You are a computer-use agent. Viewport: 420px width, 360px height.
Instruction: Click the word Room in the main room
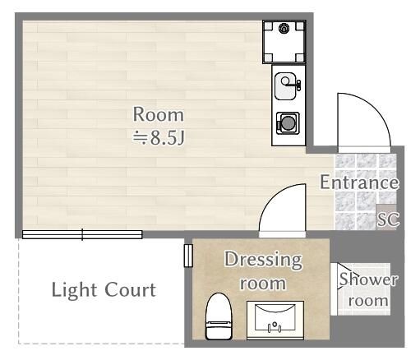click(159, 114)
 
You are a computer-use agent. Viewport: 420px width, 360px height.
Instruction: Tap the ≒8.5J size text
click(159, 137)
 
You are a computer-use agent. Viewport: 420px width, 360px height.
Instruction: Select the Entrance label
click(359, 182)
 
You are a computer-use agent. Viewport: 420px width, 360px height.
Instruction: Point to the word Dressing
click(264, 261)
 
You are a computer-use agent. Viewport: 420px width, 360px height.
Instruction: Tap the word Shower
click(368, 279)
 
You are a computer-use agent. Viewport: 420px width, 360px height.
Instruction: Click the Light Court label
click(103, 289)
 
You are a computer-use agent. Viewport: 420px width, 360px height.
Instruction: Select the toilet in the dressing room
click(219, 316)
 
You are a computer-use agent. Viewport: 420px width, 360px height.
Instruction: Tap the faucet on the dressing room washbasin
click(275, 326)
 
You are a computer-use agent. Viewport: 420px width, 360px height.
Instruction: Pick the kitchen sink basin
click(285, 82)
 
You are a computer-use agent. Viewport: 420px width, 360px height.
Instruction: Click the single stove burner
click(288, 123)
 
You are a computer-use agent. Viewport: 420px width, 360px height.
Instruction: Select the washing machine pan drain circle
click(284, 29)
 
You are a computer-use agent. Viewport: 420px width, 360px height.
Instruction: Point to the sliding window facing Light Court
click(82, 235)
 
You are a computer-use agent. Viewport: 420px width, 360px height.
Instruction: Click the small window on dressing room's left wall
click(187, 256)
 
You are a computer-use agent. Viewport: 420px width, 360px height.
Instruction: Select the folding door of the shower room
click(334, 288)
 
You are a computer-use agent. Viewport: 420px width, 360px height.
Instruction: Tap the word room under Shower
click(368, 300)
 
